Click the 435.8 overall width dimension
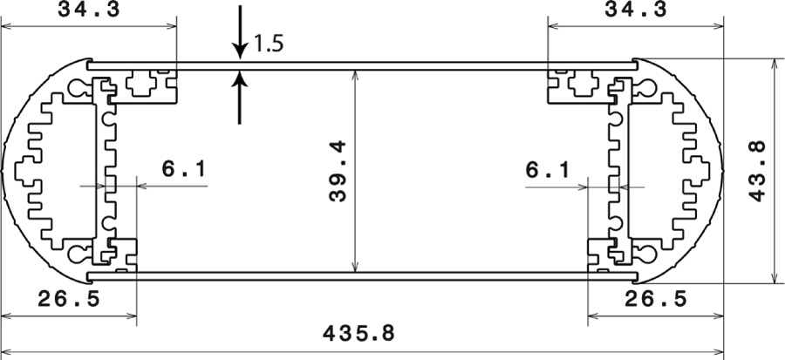[359, 334]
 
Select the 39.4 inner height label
[338, 171]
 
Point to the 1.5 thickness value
[269, 44]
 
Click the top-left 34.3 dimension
[89, 10]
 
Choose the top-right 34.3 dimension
[636, 10]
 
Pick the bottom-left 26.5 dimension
[69, 299]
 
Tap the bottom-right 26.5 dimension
[656, 299]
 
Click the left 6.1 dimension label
[184, 169]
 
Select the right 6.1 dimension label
[547, 171]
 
